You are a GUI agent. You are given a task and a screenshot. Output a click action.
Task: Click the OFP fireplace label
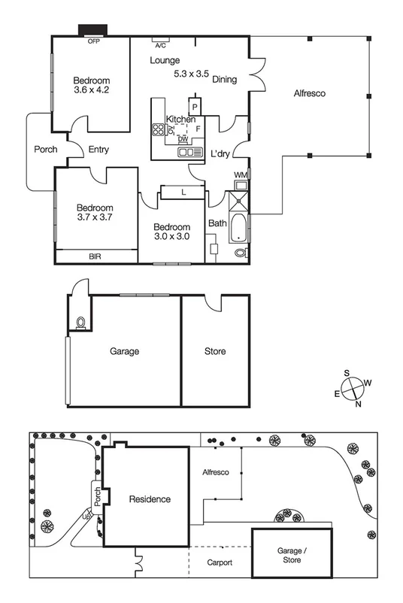pyautogui.click(x=94, y=41)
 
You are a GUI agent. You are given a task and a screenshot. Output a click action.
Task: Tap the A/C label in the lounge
pyautogui.click(x=160, y=44)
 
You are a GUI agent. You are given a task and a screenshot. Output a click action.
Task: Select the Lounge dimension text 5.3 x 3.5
pyautogui.click(x=191, y=74)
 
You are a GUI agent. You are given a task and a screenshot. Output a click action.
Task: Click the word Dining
pyautogui.click(x=225, y=79)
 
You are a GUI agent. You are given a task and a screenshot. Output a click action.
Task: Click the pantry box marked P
pyautogui.click(x=195, y=107)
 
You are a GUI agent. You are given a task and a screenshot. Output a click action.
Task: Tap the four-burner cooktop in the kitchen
pyautogui.click(x=159, y=129)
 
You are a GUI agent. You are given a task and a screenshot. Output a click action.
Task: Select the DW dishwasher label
pyautogui.click(x=183, y=139)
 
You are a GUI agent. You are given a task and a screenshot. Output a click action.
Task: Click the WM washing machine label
pyautogui.click(x=240, y=175)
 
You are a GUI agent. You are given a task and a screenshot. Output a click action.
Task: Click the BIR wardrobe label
pyautogui.click(x=95, y=256)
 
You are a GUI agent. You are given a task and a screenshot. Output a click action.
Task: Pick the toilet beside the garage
pyautogui.click(x=80, y=323)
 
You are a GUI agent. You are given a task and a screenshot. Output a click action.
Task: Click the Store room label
pyautogui.click(x=215, y=351)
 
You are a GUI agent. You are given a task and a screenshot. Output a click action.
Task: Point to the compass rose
pyautogui.click(x=353, y=388)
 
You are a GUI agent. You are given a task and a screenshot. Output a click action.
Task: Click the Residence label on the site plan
pyautogui.click(x=150, y=499)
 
